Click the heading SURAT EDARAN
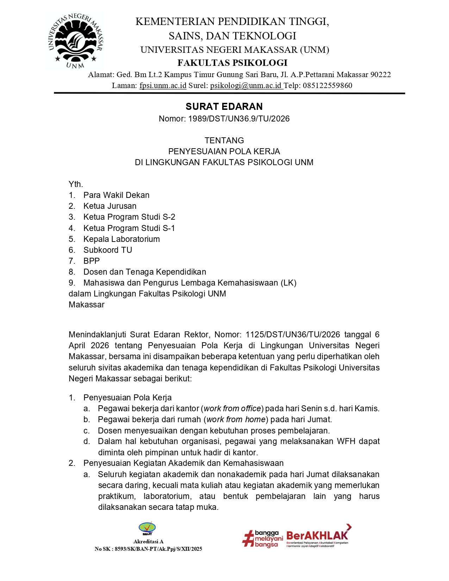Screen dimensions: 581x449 224,106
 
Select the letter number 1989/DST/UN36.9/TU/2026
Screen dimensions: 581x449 239,119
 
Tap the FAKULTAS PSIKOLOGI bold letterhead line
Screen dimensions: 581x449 232,63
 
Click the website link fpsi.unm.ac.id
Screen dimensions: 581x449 163,86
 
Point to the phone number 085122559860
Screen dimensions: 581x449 327,86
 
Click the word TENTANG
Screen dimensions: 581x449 224,140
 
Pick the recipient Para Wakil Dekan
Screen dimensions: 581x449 116,195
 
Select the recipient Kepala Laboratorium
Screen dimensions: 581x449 121,239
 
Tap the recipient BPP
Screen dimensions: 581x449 92,261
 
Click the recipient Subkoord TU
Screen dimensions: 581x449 108,250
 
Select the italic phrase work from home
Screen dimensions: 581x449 236,419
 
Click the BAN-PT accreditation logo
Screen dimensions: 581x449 147,529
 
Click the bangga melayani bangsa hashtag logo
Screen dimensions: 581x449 263,539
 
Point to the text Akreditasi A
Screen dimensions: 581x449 148,542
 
